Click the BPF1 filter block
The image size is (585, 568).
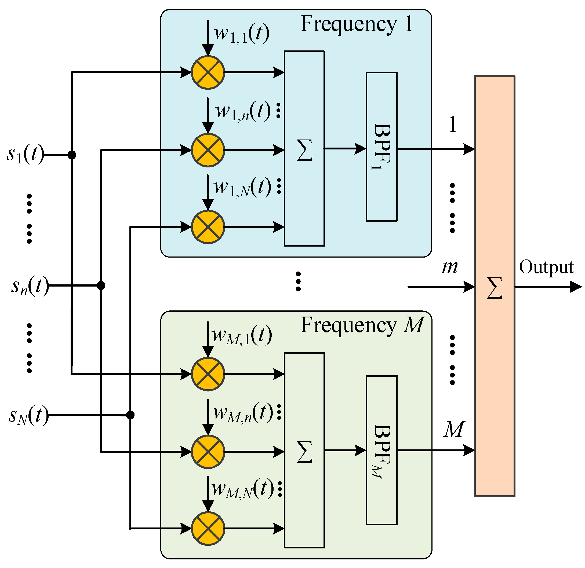[381, 147]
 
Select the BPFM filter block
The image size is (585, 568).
[381, 450]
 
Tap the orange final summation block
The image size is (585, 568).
[495, 286]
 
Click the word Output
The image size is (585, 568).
[546, 267]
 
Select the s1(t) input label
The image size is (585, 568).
[25, 155]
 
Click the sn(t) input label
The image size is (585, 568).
[30, 285]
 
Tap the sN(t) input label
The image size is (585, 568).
[28, 415]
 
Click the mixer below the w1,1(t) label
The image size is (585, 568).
[208, 72]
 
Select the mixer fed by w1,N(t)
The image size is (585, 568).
[208, 227]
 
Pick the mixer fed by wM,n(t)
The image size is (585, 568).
[208, 452]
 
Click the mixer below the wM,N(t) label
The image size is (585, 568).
[208, 529]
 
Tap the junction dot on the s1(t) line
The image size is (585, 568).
[72, 155]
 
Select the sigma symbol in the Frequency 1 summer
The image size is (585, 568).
[304, 150]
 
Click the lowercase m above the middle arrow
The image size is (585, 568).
[449, 267]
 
